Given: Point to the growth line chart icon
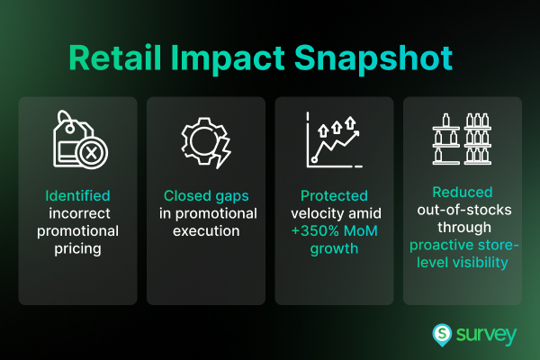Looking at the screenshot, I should [334, 139].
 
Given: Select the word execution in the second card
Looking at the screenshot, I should [205, 229].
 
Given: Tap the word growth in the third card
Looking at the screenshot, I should [333, 247].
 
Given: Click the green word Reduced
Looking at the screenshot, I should [462, 192].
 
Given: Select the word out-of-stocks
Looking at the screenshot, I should [462, 209].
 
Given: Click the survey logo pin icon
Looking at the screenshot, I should [442, 334].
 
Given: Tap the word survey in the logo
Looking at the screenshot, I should [487, 335].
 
